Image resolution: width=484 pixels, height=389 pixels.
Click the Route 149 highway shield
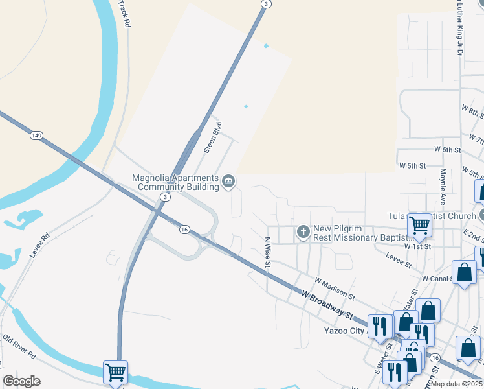pos(36,136)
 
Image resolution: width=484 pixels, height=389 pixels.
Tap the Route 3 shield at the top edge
pos(265,4)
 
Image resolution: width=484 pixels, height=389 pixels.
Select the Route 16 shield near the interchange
pos(184,229)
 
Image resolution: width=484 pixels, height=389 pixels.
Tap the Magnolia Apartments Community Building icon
pos(228,181)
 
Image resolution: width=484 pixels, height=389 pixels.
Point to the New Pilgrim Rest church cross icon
pos(303,231)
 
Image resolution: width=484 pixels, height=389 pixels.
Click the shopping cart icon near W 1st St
pos(419,226)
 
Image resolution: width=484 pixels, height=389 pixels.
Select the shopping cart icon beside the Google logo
pos(115,372)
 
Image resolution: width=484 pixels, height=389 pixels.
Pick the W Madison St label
pos(334,288)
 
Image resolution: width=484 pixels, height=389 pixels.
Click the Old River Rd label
pos(19,347)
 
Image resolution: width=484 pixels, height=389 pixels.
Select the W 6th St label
pos(447,149)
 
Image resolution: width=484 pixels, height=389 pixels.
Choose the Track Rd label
pos(124,14)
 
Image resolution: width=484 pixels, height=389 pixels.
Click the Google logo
pos(21,381)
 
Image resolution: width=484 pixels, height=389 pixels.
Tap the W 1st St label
pos(417,246)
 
